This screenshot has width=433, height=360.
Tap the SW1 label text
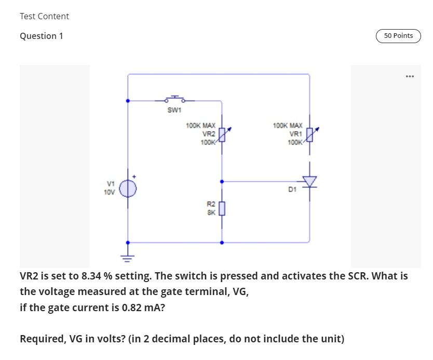click(x=174, y=110)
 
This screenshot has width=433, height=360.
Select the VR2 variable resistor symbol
click(x=222, y=135)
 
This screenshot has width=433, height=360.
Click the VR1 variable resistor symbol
click(x=310, y=135)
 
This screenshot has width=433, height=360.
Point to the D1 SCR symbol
click(x=310, y=181)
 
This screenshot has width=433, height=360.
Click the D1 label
click(x=292, y=190)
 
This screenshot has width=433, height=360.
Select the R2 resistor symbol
click(x=222, y=208)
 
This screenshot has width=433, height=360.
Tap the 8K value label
click(x=211, y=212)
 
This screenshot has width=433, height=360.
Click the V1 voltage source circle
click(x=128, y=188)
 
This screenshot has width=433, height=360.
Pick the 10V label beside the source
click(x=109, y=192)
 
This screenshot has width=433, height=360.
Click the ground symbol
click(x=128, y=256)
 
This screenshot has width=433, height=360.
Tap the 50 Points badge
click(x=398, y=36)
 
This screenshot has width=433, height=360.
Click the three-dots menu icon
click(x=410, y=76)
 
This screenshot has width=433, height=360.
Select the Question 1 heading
click(x=42, y=36)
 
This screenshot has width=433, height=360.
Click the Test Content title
click(x=44, y=16)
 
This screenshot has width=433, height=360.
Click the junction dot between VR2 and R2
click(x=222, y=182)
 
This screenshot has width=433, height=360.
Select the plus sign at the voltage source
click(x=134, y=177)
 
